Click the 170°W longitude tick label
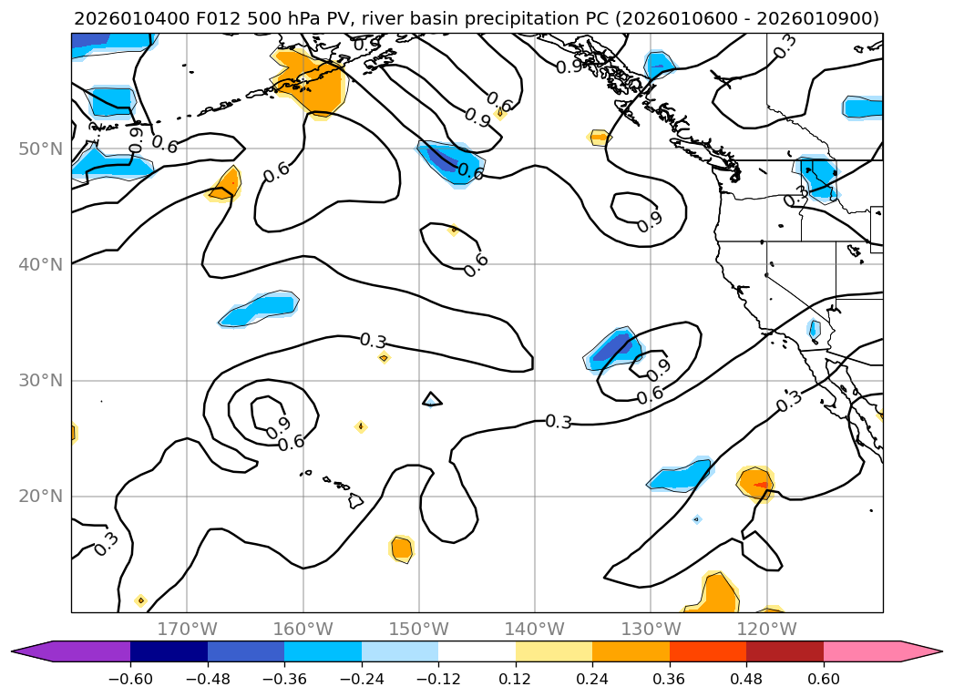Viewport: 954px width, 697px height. pos(187,629)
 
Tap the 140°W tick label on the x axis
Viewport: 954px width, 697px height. pos(534,629)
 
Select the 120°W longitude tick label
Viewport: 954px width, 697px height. pos(765,629)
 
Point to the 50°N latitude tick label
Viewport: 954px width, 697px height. pos(45,149)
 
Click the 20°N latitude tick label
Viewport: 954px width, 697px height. pos(45,497)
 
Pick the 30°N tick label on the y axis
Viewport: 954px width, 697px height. pos(45,381)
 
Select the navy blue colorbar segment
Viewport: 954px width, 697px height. pos(169,651)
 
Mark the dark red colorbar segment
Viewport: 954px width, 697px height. pos(785,651)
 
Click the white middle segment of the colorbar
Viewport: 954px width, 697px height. pos(477,651)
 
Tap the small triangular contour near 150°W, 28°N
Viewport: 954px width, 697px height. pos(432,398)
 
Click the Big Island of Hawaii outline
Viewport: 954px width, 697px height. pos(355,500)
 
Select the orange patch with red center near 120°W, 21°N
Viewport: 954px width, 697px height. pos(755,482)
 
